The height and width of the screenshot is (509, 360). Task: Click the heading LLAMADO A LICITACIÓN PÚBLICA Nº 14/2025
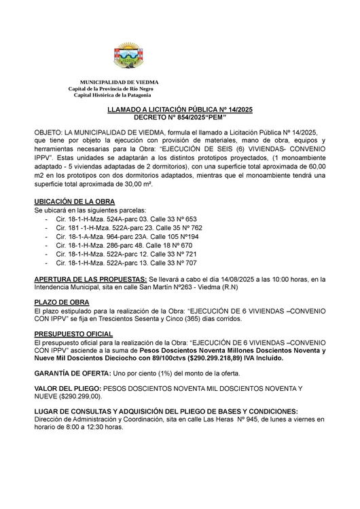pos(179,110)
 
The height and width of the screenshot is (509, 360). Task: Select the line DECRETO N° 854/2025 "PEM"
pos(179,117)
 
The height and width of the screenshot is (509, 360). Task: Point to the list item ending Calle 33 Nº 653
pos(126,219)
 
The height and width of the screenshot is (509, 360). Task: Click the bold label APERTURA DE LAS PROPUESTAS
pos(90,279)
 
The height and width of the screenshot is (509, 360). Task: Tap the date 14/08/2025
pos(246,279)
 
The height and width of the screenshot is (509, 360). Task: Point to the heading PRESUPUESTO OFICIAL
pos(73,335)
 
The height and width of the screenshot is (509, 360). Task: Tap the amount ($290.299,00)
pos(80,396)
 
